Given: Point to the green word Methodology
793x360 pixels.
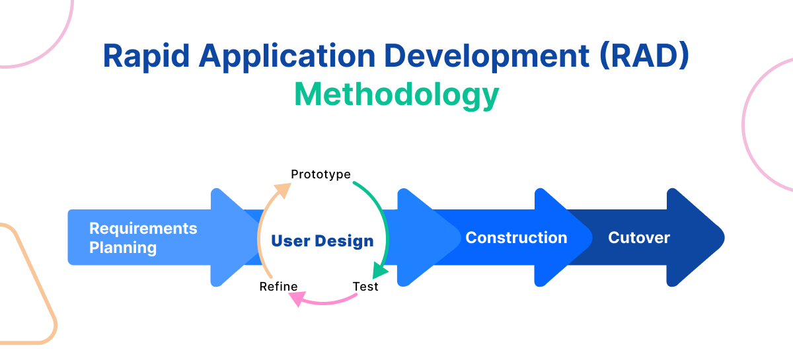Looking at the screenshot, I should click(x=397, y=95).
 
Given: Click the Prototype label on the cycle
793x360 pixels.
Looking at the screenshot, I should click(x=321, y=174).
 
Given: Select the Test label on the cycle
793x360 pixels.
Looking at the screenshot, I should click(x=365, y=287).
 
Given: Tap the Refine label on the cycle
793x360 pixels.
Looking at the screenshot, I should click(x=278, y=287).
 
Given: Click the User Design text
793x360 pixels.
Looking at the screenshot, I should click(x=322, y=241).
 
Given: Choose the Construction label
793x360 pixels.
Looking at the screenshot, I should click(x=516, y=238).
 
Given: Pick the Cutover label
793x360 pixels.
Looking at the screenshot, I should click(x=639, y=238).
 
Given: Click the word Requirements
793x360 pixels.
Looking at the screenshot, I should click(x=143, y=229).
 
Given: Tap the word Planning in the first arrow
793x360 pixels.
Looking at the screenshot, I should click(x=123, y=248).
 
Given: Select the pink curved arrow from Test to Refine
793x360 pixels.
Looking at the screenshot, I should click(x=327, y=302).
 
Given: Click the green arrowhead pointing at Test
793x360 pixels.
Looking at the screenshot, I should click(x=381, y=271).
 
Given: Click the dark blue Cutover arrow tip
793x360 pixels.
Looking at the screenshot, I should click(x=710, y=238).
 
